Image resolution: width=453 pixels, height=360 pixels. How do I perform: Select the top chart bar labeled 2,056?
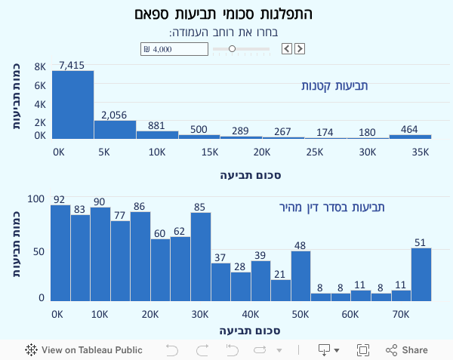115,129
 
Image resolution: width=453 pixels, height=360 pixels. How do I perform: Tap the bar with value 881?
157,134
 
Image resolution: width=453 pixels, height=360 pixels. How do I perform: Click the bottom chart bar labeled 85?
200,257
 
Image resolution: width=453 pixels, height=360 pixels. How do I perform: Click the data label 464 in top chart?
409,129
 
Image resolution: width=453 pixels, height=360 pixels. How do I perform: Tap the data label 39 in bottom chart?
260,254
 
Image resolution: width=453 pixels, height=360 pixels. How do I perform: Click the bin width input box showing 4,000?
174,49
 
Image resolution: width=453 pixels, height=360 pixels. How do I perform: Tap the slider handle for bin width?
232,49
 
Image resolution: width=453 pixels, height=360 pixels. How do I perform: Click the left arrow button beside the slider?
287,49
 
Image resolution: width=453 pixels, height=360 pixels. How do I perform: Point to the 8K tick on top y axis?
40,66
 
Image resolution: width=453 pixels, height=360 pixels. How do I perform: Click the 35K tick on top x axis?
420,152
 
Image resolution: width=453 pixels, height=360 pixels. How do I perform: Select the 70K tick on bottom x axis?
401,313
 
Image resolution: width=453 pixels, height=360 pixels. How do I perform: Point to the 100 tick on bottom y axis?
36,199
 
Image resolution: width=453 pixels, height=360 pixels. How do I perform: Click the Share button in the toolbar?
407,349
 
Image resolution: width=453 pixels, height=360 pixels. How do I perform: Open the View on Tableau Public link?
84,349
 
